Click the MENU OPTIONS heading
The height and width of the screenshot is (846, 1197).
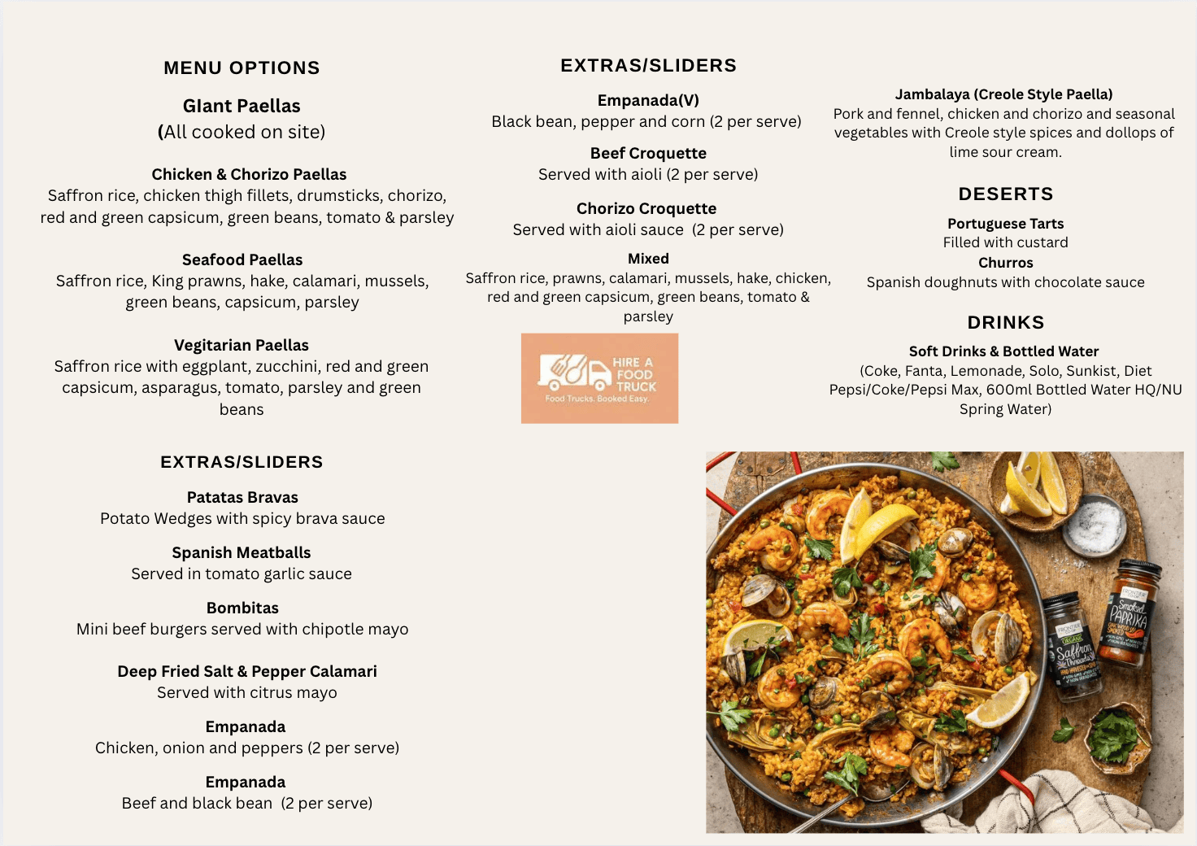[x=242, y=68]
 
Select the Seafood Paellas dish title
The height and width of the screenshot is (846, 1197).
[x=242, y=259]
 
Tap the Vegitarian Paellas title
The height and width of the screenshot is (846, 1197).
[x=242, y=345]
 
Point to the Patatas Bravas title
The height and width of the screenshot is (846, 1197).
[x=242, y=497]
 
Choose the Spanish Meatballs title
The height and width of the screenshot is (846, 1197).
[x=242, y=552]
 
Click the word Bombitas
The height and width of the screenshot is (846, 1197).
[x=242, y=608]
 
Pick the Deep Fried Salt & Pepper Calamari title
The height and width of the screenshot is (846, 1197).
[x=247, y=671]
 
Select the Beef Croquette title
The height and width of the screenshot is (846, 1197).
[x=648, y=153]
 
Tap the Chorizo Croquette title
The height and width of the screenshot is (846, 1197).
[x=646, y=208]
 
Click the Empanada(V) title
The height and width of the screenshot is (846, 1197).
[x=648, y=100]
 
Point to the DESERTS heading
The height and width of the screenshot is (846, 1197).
[x=1006, y=194]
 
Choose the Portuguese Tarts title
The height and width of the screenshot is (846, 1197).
[x=1006, y=223]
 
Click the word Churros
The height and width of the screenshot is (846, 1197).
[x=1006, y=263]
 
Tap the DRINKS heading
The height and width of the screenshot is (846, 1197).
[x=1006, y=322]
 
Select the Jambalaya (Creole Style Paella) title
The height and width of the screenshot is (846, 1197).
[x=1004, y=94]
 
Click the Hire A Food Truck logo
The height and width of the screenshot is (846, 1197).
[x=599, y=378]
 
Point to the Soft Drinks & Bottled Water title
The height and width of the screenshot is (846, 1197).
[x=1004, y=351]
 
